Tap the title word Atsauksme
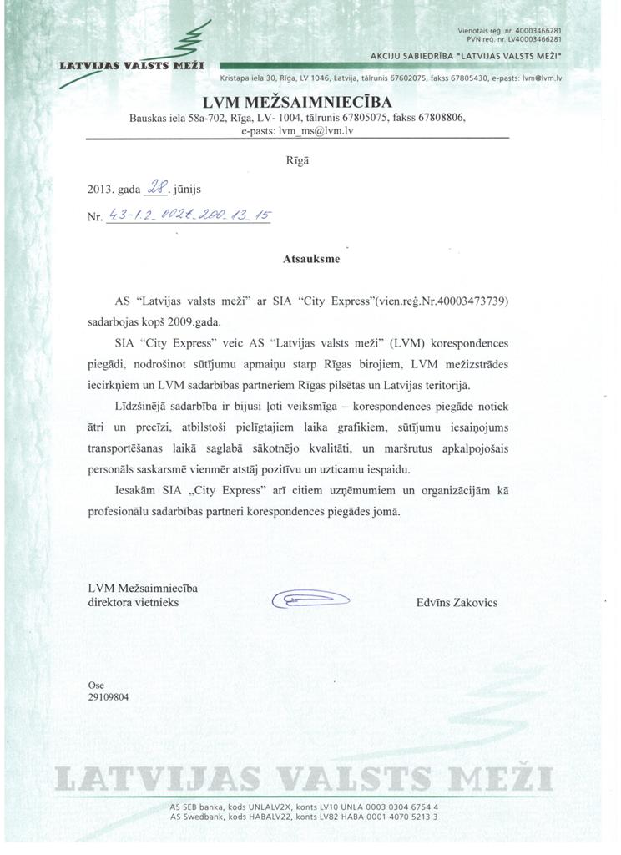click(x=311, y=259)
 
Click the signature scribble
click(x=310, y=599)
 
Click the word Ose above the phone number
click(x=96, y=685)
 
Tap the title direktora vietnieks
click(x=133, y=601)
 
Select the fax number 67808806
click(x=443, y=119)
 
